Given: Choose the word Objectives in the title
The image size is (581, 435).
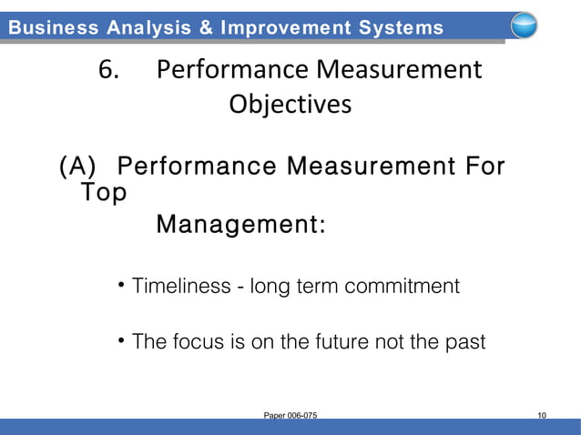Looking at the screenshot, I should coord(290,106).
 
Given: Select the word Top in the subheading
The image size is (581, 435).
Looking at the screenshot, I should coord(103,193).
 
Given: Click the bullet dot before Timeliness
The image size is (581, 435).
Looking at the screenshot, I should coord(122,286).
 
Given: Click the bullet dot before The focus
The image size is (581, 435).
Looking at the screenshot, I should coord(122,341).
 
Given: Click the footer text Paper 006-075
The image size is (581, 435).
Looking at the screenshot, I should coord(290,416).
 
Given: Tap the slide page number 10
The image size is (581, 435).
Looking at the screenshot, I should coord(542,416).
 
